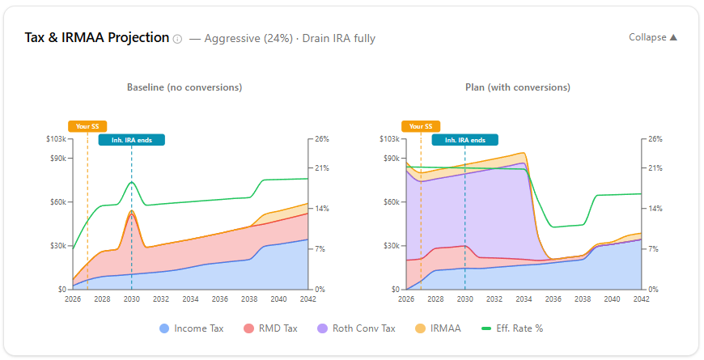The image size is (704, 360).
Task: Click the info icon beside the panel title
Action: point(177,38)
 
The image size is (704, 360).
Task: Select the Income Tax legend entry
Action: point(192,328)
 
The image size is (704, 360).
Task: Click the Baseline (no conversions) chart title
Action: point(184,87)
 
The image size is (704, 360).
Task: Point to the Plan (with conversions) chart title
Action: point(518,87)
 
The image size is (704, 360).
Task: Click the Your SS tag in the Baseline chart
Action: point(87,126)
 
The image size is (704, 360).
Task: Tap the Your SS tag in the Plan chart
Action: point(421,126)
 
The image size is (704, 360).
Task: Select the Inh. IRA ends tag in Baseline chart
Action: point(132,140)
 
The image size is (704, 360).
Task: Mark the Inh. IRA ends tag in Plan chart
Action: point(465,140)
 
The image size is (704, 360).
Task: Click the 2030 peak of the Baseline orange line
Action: point(132,211)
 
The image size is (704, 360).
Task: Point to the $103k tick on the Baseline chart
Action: point(57,139)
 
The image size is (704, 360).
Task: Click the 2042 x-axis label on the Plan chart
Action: point(641,299)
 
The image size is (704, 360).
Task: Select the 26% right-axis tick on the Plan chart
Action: point(655,139)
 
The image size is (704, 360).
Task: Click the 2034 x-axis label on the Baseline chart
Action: point(190,299)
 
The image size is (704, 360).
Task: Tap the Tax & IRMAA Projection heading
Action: point(97,37)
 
